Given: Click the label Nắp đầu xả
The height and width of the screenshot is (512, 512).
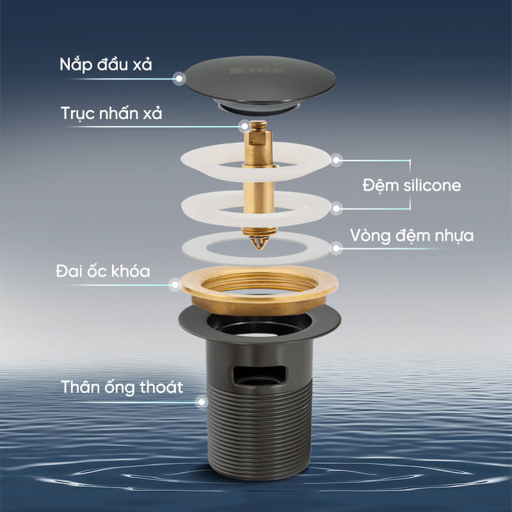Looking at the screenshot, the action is tap(106, 65).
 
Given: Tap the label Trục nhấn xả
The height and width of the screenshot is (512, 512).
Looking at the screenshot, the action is tap(111, 113).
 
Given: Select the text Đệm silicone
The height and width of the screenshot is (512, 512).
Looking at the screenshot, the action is tap(412, 185).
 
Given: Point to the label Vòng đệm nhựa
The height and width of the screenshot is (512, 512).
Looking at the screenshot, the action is tap(412, 236).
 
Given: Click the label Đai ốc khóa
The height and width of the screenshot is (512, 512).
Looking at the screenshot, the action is tap(103, 271).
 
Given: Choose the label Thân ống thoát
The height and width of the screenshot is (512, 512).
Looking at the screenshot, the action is tap(122, 387).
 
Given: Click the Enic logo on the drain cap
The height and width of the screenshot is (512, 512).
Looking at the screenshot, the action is tap(257, 70).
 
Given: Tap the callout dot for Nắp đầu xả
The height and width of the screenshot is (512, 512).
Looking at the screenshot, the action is tap(179, 79).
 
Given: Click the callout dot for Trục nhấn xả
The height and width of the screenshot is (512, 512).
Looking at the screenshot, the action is tap(244, 126).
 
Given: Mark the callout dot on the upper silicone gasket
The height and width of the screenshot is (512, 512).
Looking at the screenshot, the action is tap(337, 160).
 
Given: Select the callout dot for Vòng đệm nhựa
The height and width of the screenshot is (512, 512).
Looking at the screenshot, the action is tap(337, 248).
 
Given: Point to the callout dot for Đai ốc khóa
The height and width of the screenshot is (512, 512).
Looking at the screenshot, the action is tap(175, 285).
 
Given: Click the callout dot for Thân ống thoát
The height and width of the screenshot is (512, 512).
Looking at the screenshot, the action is tap(202, 402).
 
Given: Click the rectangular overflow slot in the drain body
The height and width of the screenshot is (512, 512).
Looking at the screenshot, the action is tap(259, 375).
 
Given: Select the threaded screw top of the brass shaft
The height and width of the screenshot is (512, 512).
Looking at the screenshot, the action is tap(259, 124).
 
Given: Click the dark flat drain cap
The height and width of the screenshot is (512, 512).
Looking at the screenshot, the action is tap(260, 85).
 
